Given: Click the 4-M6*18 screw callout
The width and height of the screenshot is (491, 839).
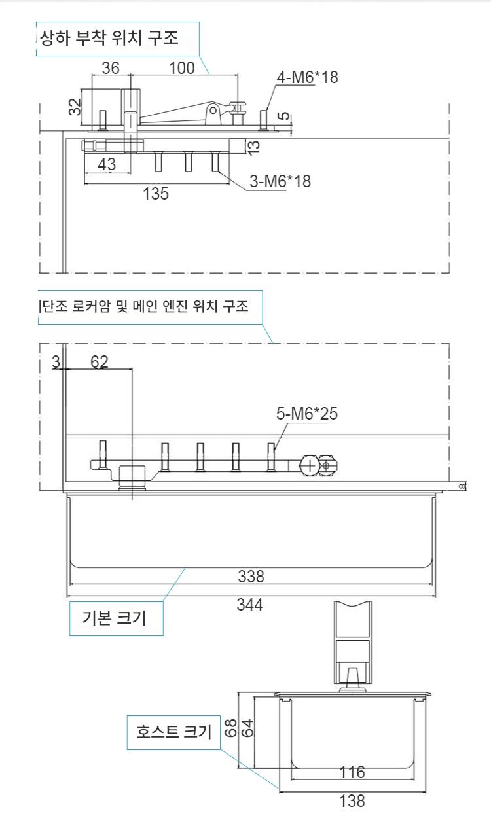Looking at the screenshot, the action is pyautogui.click(x=307, y=77).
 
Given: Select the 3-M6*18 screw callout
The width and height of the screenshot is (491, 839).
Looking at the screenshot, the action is pyautogui.click(x=280, y=181).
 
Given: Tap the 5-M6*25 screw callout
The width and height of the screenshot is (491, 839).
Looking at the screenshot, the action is pyautogui.click(x=307, y=414).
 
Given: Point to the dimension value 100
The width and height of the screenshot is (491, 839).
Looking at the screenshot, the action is pyautogui.click(x=182, y=68).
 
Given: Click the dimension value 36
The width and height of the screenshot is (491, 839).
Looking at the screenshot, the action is pyautogui.click(x=111, y=68).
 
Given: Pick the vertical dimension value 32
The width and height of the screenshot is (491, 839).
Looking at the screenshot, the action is pyautogui.click(x=75, y=107).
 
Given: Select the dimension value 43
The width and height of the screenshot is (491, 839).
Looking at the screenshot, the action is pyautogui.click(x=107, y=164).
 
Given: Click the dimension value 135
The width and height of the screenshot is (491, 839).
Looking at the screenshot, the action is pyautogui.click(x=156, y=194).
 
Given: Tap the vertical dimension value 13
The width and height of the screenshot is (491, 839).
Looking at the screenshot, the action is pyautogui.click(x=253, y=146).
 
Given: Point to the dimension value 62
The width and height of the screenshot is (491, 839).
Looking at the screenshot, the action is pyautogui.click(x=100, y=362).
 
